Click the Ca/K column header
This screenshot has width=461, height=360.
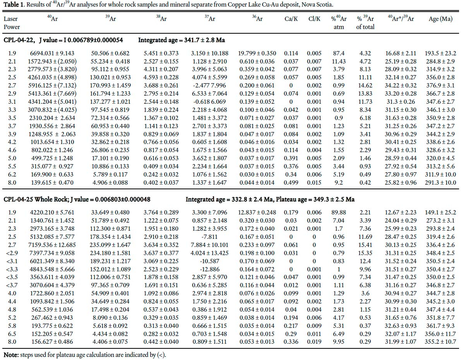[x=291, y=19]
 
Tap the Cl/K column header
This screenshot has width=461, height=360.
[x=314, y=19]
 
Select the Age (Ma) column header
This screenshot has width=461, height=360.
[x=440, y=19]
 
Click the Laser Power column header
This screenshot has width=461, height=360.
[x=12, y=23]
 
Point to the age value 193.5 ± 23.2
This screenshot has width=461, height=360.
[x=440, y=53]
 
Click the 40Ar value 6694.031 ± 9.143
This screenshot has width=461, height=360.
[x=52, y=53]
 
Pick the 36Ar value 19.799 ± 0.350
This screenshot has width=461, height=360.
[x=257, y=53]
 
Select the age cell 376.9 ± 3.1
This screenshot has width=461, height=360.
[x=440, y=86]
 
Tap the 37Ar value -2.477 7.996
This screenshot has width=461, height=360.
[x=209, y=86]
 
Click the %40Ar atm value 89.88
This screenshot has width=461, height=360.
[x=339, y=213]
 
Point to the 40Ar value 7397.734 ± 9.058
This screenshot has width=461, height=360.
[x=52, y=253]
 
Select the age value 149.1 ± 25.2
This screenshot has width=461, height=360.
[x=440, y=213]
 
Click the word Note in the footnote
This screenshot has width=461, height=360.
[x=11, y=355]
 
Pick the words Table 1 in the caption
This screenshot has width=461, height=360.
[x=14, y=5]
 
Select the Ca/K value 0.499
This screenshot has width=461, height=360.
[x=291, y=183]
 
